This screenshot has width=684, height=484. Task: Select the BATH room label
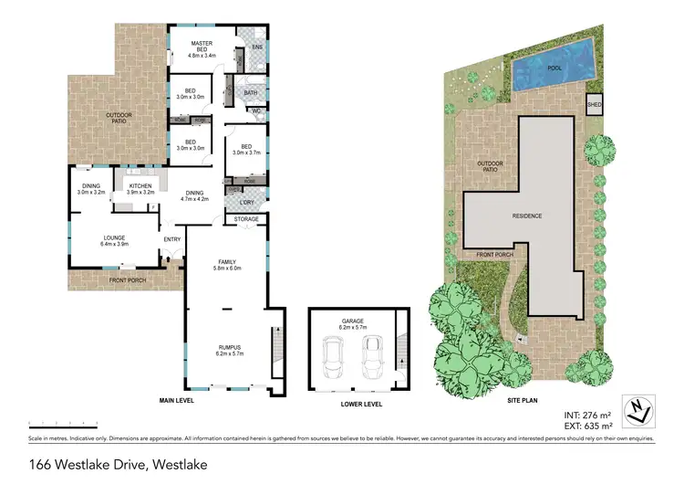[249, 92]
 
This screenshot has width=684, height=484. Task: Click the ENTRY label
[171, 239]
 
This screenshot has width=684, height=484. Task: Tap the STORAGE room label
[247, 219]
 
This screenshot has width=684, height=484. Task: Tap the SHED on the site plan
[594, 103]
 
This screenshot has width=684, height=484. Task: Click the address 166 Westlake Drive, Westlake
[117, 465]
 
